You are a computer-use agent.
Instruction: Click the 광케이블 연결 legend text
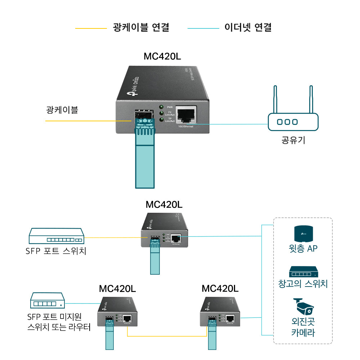pos(141,27)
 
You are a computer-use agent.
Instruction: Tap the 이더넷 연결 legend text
pos(248,27)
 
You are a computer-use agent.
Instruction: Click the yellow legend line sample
pos(91,28)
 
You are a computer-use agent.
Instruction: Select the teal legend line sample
pos(203,28)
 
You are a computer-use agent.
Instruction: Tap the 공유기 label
pos(293,140)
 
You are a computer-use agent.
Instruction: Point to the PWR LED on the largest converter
pos(162,107)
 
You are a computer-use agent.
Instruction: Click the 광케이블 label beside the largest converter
pos(62,110)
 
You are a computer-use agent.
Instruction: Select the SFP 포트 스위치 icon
pos(56,236)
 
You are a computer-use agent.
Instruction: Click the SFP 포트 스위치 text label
pos(56,251)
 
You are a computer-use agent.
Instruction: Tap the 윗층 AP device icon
pos(303,234)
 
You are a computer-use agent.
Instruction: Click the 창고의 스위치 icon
pos(303,272)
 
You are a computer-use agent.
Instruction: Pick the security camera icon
pos(303,307)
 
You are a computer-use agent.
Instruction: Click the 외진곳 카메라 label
pos(303,327)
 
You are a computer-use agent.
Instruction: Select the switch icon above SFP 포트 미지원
pos(47,301)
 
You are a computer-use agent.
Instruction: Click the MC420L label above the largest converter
pos(162,57)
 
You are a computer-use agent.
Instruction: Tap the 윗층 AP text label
pos(303,248)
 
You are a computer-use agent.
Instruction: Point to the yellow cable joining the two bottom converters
pos(168,336)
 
